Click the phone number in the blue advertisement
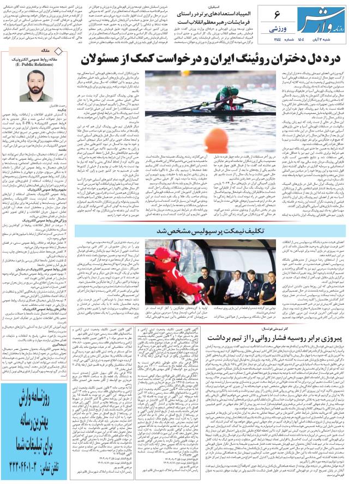point(37,468)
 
